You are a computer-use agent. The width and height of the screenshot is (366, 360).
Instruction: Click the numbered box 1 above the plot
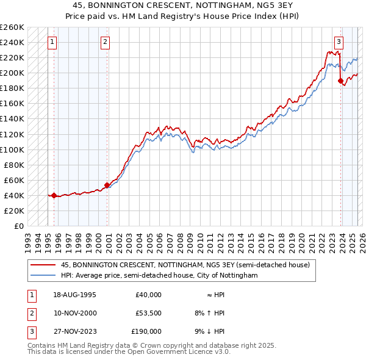[52, 42]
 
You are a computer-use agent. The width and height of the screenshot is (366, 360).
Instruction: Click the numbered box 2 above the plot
[106, 42]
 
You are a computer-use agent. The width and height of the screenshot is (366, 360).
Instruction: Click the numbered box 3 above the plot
[339, 42]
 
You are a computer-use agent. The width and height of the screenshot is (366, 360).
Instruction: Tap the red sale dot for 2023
[340, 81]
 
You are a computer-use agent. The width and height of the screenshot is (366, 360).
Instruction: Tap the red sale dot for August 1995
[54, 195]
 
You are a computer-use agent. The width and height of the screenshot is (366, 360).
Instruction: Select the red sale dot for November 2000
[107, 185]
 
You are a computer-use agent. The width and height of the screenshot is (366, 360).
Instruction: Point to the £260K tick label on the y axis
[12, 27]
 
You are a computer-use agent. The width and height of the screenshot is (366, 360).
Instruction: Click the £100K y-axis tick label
[12, 149]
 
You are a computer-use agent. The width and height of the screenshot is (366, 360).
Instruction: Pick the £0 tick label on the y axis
[18, 226]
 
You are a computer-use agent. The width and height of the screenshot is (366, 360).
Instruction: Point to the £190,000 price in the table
[146, 331]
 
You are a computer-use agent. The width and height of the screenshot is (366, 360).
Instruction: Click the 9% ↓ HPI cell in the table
[209, 331]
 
